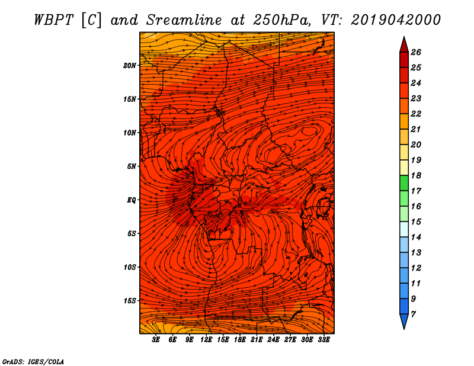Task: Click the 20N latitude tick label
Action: (x=130, y=66)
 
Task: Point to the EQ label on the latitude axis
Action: (x=132, y=200)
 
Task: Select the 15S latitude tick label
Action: (x=130, y=301)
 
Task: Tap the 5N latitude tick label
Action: (x=132, y=166)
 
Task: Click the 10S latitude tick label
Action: (x=130, y=267)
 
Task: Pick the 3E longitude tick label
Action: (x=156, y=339)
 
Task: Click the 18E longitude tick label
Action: (x=240, y=339)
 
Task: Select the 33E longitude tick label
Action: (x=324, y=339)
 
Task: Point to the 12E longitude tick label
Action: (x=206, y=339)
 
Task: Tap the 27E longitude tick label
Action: (x=290, y=339)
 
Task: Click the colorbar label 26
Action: (x=416, y=52)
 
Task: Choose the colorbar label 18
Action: (x=416, y=175)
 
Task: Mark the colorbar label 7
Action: (x=413, y=314)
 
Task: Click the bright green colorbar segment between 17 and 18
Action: (x=404, y=183)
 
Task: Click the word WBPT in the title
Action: (x=53, y=20)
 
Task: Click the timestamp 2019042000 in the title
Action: (x=396, y=20)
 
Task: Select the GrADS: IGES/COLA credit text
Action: (x=33, y=362)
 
